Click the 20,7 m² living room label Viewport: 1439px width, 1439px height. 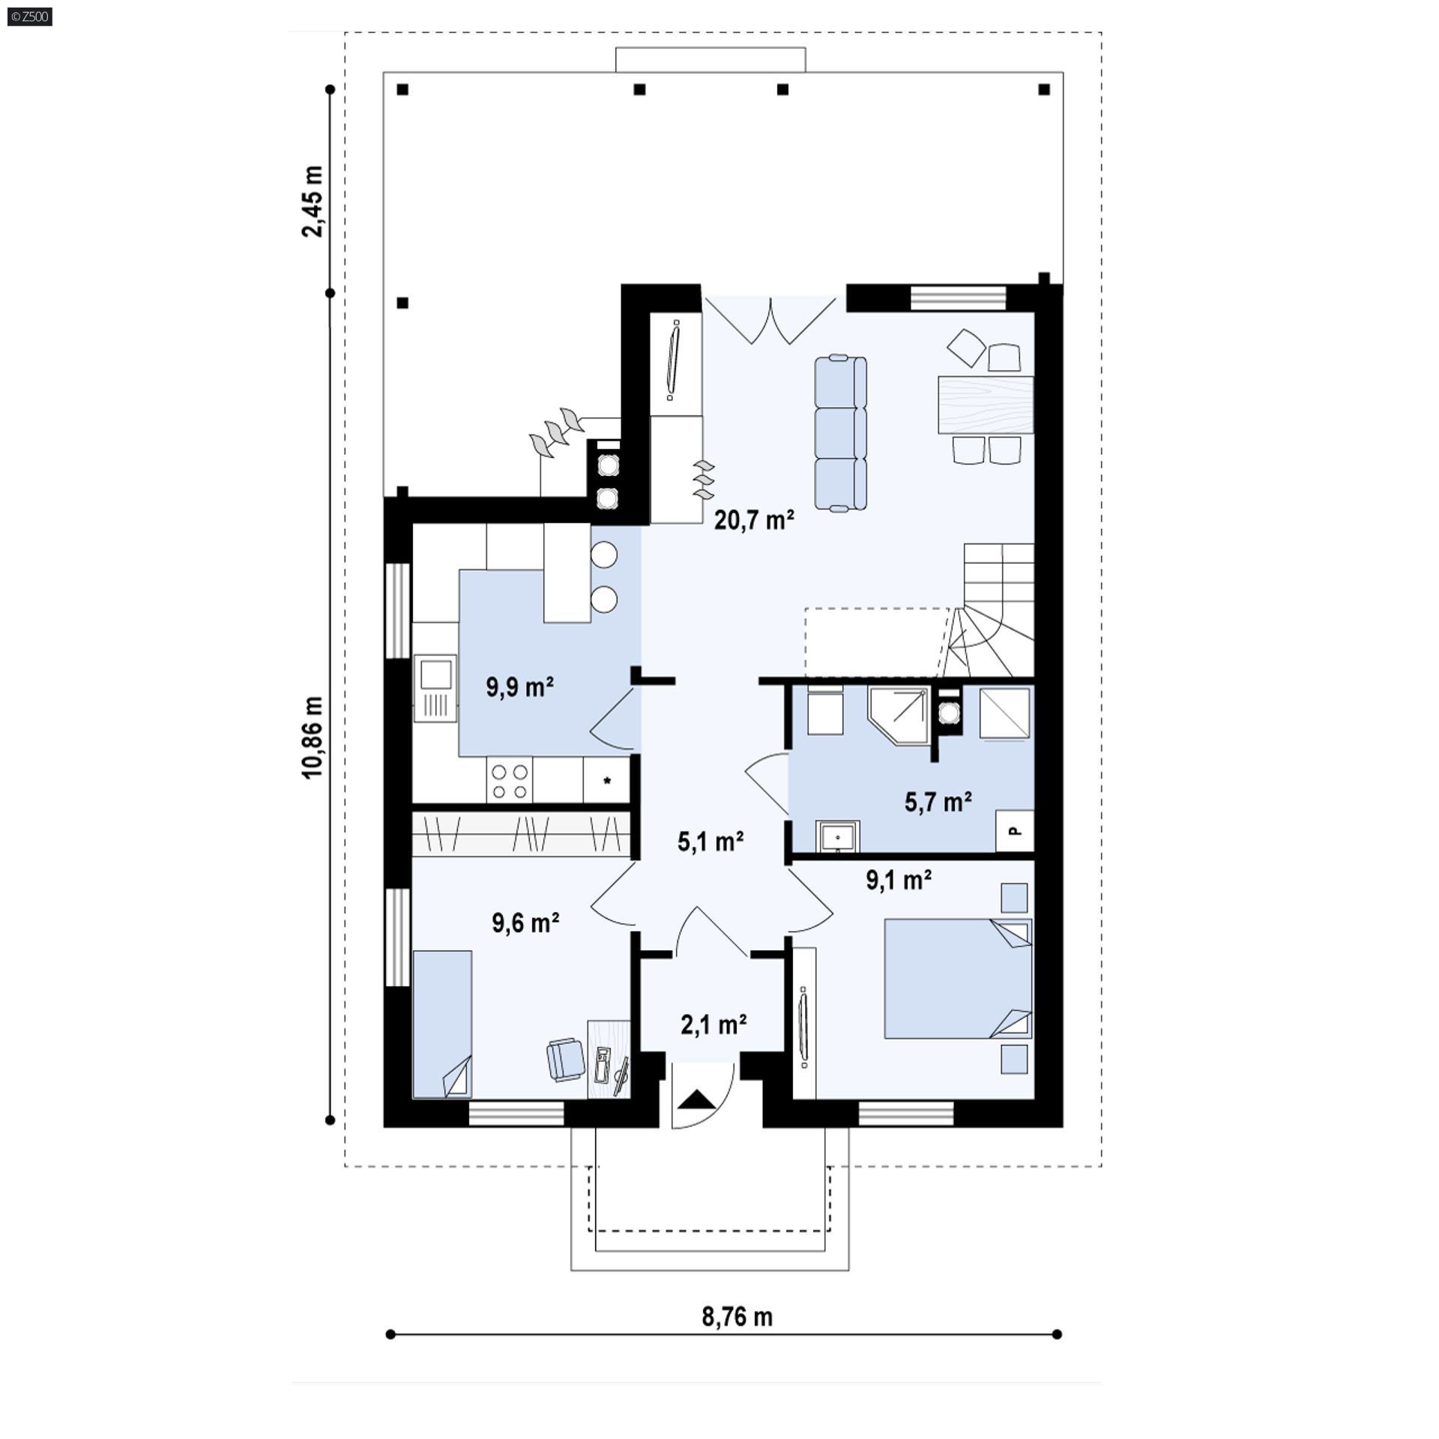tap(754, 519)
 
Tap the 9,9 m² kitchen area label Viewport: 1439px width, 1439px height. tap(520, 687)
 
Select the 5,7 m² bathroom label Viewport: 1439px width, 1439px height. tap(938, 802)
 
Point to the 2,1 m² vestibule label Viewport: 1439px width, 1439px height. tap(714, 1024)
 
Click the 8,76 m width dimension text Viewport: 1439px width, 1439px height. tap(737, 1317)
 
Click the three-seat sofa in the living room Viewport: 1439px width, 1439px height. tap(840, 434)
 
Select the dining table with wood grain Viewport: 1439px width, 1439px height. tap(986, 405)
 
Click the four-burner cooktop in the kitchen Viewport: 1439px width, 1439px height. tap(509, 780)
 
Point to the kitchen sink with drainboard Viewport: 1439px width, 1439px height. tap(435, 689)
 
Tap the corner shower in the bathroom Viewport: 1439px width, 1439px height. tap(899, 715)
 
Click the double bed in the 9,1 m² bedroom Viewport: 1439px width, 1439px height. tap(958, 979)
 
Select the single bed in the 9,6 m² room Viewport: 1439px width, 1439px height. tap(442, 1025)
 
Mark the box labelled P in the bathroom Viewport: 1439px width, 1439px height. tap(1015, 830)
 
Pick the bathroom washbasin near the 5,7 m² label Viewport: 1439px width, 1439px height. tap(837, 836)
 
